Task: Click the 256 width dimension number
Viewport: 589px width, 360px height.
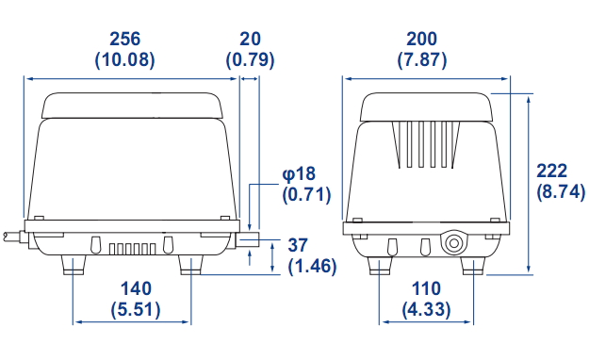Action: pyautogui.click(x=124, y=39)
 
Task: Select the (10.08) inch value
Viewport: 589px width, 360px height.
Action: pyautogui.click(x=124, y=59)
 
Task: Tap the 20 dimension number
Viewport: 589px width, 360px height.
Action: pyautogui.click(x=250, y=39)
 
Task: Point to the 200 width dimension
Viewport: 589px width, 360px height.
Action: pyautogui.click(x=422, y=39)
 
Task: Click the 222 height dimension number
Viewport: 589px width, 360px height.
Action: pyautogui.click(x=552, y=171)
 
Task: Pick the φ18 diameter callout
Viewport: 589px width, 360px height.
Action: pyautogui.click(x=299, y=174)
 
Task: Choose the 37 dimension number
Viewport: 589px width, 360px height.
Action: pyautogui.click(x=298, y=245)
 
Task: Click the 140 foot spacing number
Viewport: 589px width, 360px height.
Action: pyautogui.click(x=136, y=288)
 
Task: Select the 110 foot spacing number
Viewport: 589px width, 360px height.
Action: pyautogui.click(x=426, y=288)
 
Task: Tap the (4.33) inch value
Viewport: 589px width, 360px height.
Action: pyautogui.click(x=426, y=310)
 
